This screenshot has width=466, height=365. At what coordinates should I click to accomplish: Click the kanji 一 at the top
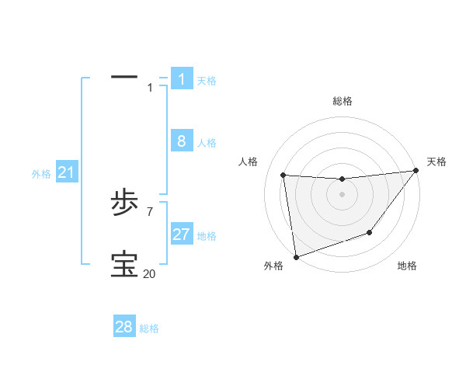[x=124, y=77]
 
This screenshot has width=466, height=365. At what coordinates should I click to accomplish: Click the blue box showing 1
[x=182, y=78]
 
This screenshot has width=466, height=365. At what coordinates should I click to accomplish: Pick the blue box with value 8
[x=182, y=141]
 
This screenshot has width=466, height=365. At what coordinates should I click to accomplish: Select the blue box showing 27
[x=182, y=235]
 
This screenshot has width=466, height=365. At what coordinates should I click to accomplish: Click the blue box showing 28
[x=124, y=327]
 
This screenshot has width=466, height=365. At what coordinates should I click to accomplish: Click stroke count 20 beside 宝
[x=149, y=274]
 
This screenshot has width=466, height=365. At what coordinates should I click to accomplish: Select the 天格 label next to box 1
[x=207, y=81]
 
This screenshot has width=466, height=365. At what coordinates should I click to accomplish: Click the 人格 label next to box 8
[x=207, y=144]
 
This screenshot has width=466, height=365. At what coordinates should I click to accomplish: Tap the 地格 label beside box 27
[x=207, y=236]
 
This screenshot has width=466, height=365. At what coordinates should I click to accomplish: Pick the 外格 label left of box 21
[x=41, y=175]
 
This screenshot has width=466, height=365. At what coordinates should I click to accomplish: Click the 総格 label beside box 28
[x=149, y=329]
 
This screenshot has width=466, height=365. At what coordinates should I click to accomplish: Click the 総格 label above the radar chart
[x=342, y=101]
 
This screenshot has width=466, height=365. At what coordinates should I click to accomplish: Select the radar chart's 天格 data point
[x=416, y=171]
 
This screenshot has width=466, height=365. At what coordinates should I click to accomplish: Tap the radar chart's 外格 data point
[x=296, y=257]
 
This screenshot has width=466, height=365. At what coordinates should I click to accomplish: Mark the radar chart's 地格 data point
[x=370, y=232]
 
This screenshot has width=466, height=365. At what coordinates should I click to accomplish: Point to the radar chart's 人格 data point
[x=283, y=176]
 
